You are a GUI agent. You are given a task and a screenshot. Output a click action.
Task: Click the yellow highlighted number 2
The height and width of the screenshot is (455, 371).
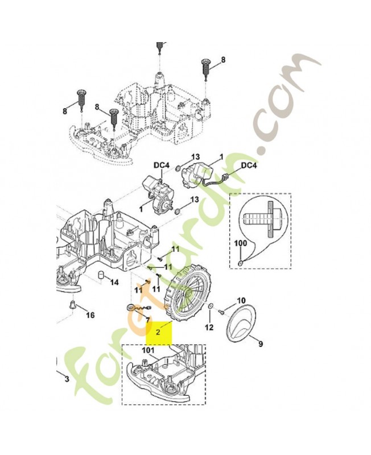point(158,332)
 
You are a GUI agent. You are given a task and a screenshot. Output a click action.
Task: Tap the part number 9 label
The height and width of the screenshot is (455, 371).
point(261,344)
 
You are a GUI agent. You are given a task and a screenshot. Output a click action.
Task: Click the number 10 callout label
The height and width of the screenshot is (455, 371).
point(241,300)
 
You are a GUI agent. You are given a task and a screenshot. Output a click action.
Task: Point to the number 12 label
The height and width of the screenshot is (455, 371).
point(209,328)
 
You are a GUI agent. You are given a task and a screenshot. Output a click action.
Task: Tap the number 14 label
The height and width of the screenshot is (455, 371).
point(115,282)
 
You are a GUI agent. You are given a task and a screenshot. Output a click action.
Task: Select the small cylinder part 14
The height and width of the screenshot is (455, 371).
point(101,274)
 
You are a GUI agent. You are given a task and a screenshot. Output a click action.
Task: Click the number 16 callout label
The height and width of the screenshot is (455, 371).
point(90,315)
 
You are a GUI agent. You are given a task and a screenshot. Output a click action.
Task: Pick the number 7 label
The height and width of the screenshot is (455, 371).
point(147,320)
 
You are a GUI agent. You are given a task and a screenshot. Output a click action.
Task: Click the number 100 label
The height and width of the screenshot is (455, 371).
point(241,243)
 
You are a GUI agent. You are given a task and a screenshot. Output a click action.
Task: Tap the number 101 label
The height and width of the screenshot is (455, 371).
point(148,350)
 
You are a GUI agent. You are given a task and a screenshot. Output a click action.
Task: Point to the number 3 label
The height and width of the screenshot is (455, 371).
point(67,379)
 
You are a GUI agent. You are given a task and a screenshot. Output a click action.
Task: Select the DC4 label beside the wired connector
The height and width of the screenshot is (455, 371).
point(249,166)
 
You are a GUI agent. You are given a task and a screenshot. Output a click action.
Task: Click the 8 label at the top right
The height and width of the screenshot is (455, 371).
point(223,60)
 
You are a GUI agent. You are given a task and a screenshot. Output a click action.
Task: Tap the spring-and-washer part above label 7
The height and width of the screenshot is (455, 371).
point(137,308)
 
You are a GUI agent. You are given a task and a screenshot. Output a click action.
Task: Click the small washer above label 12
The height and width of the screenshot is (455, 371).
point(210,307)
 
